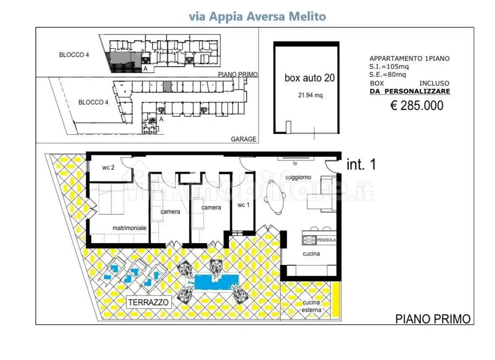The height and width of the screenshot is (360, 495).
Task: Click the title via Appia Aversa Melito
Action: click(x=257, y=16)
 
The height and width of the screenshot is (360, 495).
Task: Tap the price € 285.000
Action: click(x=416, y=105)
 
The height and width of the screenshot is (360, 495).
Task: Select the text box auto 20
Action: click(x=309, y=78)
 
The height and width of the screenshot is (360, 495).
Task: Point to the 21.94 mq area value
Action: click(x=310, y=95)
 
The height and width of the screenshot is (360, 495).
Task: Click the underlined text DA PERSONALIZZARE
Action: click(x=410, y=91)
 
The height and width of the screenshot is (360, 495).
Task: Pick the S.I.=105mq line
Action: click(x=389, y=66)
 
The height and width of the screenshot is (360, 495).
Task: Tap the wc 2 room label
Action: click(x=108, y=167)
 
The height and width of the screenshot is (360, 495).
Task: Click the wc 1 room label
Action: click(x=244, y=205)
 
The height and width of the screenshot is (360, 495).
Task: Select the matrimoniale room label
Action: click(x=129, y=228)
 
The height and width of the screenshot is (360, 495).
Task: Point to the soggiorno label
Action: click(x=298, y=177)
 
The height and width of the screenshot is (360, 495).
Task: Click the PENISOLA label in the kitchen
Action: click(x=326, y=240)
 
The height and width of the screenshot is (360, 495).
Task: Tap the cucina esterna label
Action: click(x=311, y=306)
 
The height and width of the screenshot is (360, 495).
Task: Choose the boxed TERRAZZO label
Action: click(x=149, y=302)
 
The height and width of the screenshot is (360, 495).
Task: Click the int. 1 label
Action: click(x=361, y=165)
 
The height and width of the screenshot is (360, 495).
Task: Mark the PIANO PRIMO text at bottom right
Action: click(x=432, y=319)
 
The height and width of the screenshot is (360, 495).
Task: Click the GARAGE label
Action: click(x=244, y=139)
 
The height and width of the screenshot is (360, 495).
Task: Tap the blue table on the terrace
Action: click(x=217, y=281)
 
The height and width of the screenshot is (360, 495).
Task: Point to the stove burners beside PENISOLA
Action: click(x=309, y=240)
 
